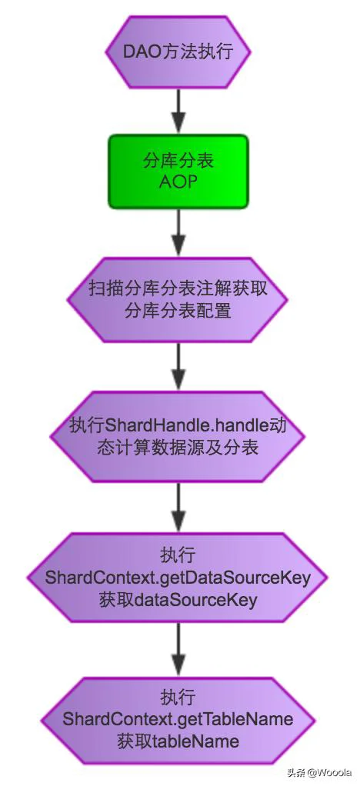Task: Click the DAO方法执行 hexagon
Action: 178,52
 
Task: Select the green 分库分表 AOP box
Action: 178,171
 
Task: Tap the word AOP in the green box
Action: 178,181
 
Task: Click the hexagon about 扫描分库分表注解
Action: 178,300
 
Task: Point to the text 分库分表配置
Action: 178,311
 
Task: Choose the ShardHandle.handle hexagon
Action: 178,436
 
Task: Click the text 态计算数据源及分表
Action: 178,447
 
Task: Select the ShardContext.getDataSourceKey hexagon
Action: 178,577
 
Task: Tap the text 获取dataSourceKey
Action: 178,600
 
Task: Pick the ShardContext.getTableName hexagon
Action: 178,719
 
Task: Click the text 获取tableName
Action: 178,741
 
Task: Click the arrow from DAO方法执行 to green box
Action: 178,111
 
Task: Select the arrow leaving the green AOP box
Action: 178,232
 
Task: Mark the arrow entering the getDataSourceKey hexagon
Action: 178,507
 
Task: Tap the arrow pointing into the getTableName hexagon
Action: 178,650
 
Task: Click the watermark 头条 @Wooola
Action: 319,772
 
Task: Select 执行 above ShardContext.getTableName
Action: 178,698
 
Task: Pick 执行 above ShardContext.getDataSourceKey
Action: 178,555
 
